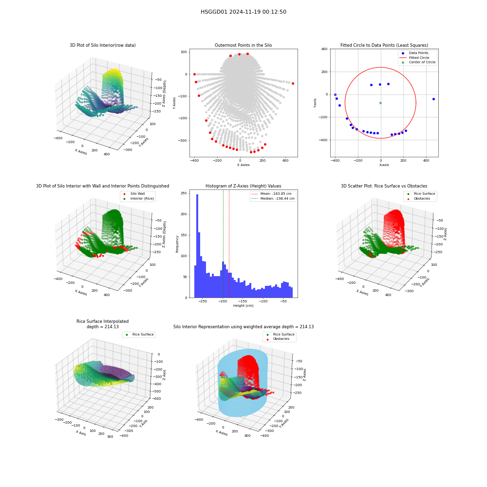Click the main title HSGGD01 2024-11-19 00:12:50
tap(243, 12)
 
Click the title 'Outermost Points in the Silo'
tap(243, 45)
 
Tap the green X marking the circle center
tap(380, 103)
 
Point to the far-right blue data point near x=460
tap(433, 99)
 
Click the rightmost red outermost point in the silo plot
tap(293, 84)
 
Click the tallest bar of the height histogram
tap(197, 246)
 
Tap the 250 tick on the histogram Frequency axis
tap(184, 193)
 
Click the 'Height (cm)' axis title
tap(243, 306)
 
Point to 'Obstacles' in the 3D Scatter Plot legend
tap(422, 199)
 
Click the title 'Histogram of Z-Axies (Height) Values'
tap(243, 186)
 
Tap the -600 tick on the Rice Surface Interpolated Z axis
tap(156, 398)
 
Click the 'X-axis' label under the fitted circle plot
tap(384, 165)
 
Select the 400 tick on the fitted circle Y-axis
tap(324, 49)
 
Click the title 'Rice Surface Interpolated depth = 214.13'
tap(102, 324)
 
